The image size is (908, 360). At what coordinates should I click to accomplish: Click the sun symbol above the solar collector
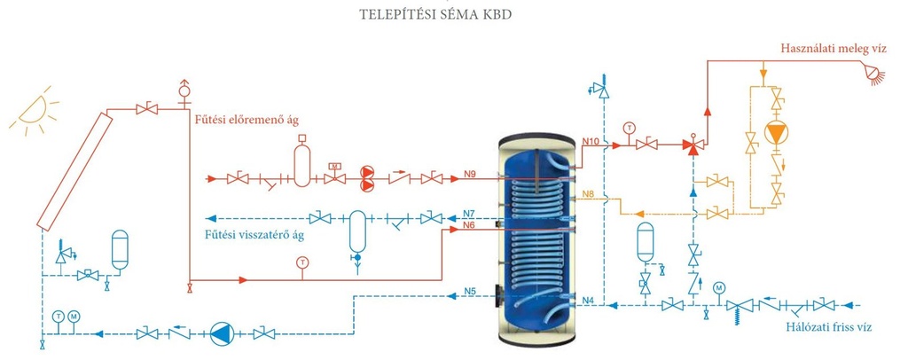[35, 113]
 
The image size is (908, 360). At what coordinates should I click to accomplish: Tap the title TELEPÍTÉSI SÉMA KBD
[436, 14]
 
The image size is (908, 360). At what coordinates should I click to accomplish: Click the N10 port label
[590, 141]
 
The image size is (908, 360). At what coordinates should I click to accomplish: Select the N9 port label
[470, 173]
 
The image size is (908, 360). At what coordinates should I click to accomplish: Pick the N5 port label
[470, 291]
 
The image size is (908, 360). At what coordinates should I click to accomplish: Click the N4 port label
[589, 299]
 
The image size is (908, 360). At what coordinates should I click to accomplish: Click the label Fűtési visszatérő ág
[254, 236]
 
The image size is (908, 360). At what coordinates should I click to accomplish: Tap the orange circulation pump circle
[776, 132]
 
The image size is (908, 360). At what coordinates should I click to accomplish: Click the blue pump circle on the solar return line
[220, 334]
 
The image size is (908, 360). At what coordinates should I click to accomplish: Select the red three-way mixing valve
[692, 145]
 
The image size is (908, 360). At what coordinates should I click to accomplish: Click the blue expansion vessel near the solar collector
[120, 249]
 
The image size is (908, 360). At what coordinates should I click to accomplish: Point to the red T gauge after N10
[628, 128]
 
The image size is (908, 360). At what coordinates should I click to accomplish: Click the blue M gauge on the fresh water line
[718, 287]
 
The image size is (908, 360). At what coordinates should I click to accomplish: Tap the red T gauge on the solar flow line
[301, 262]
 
